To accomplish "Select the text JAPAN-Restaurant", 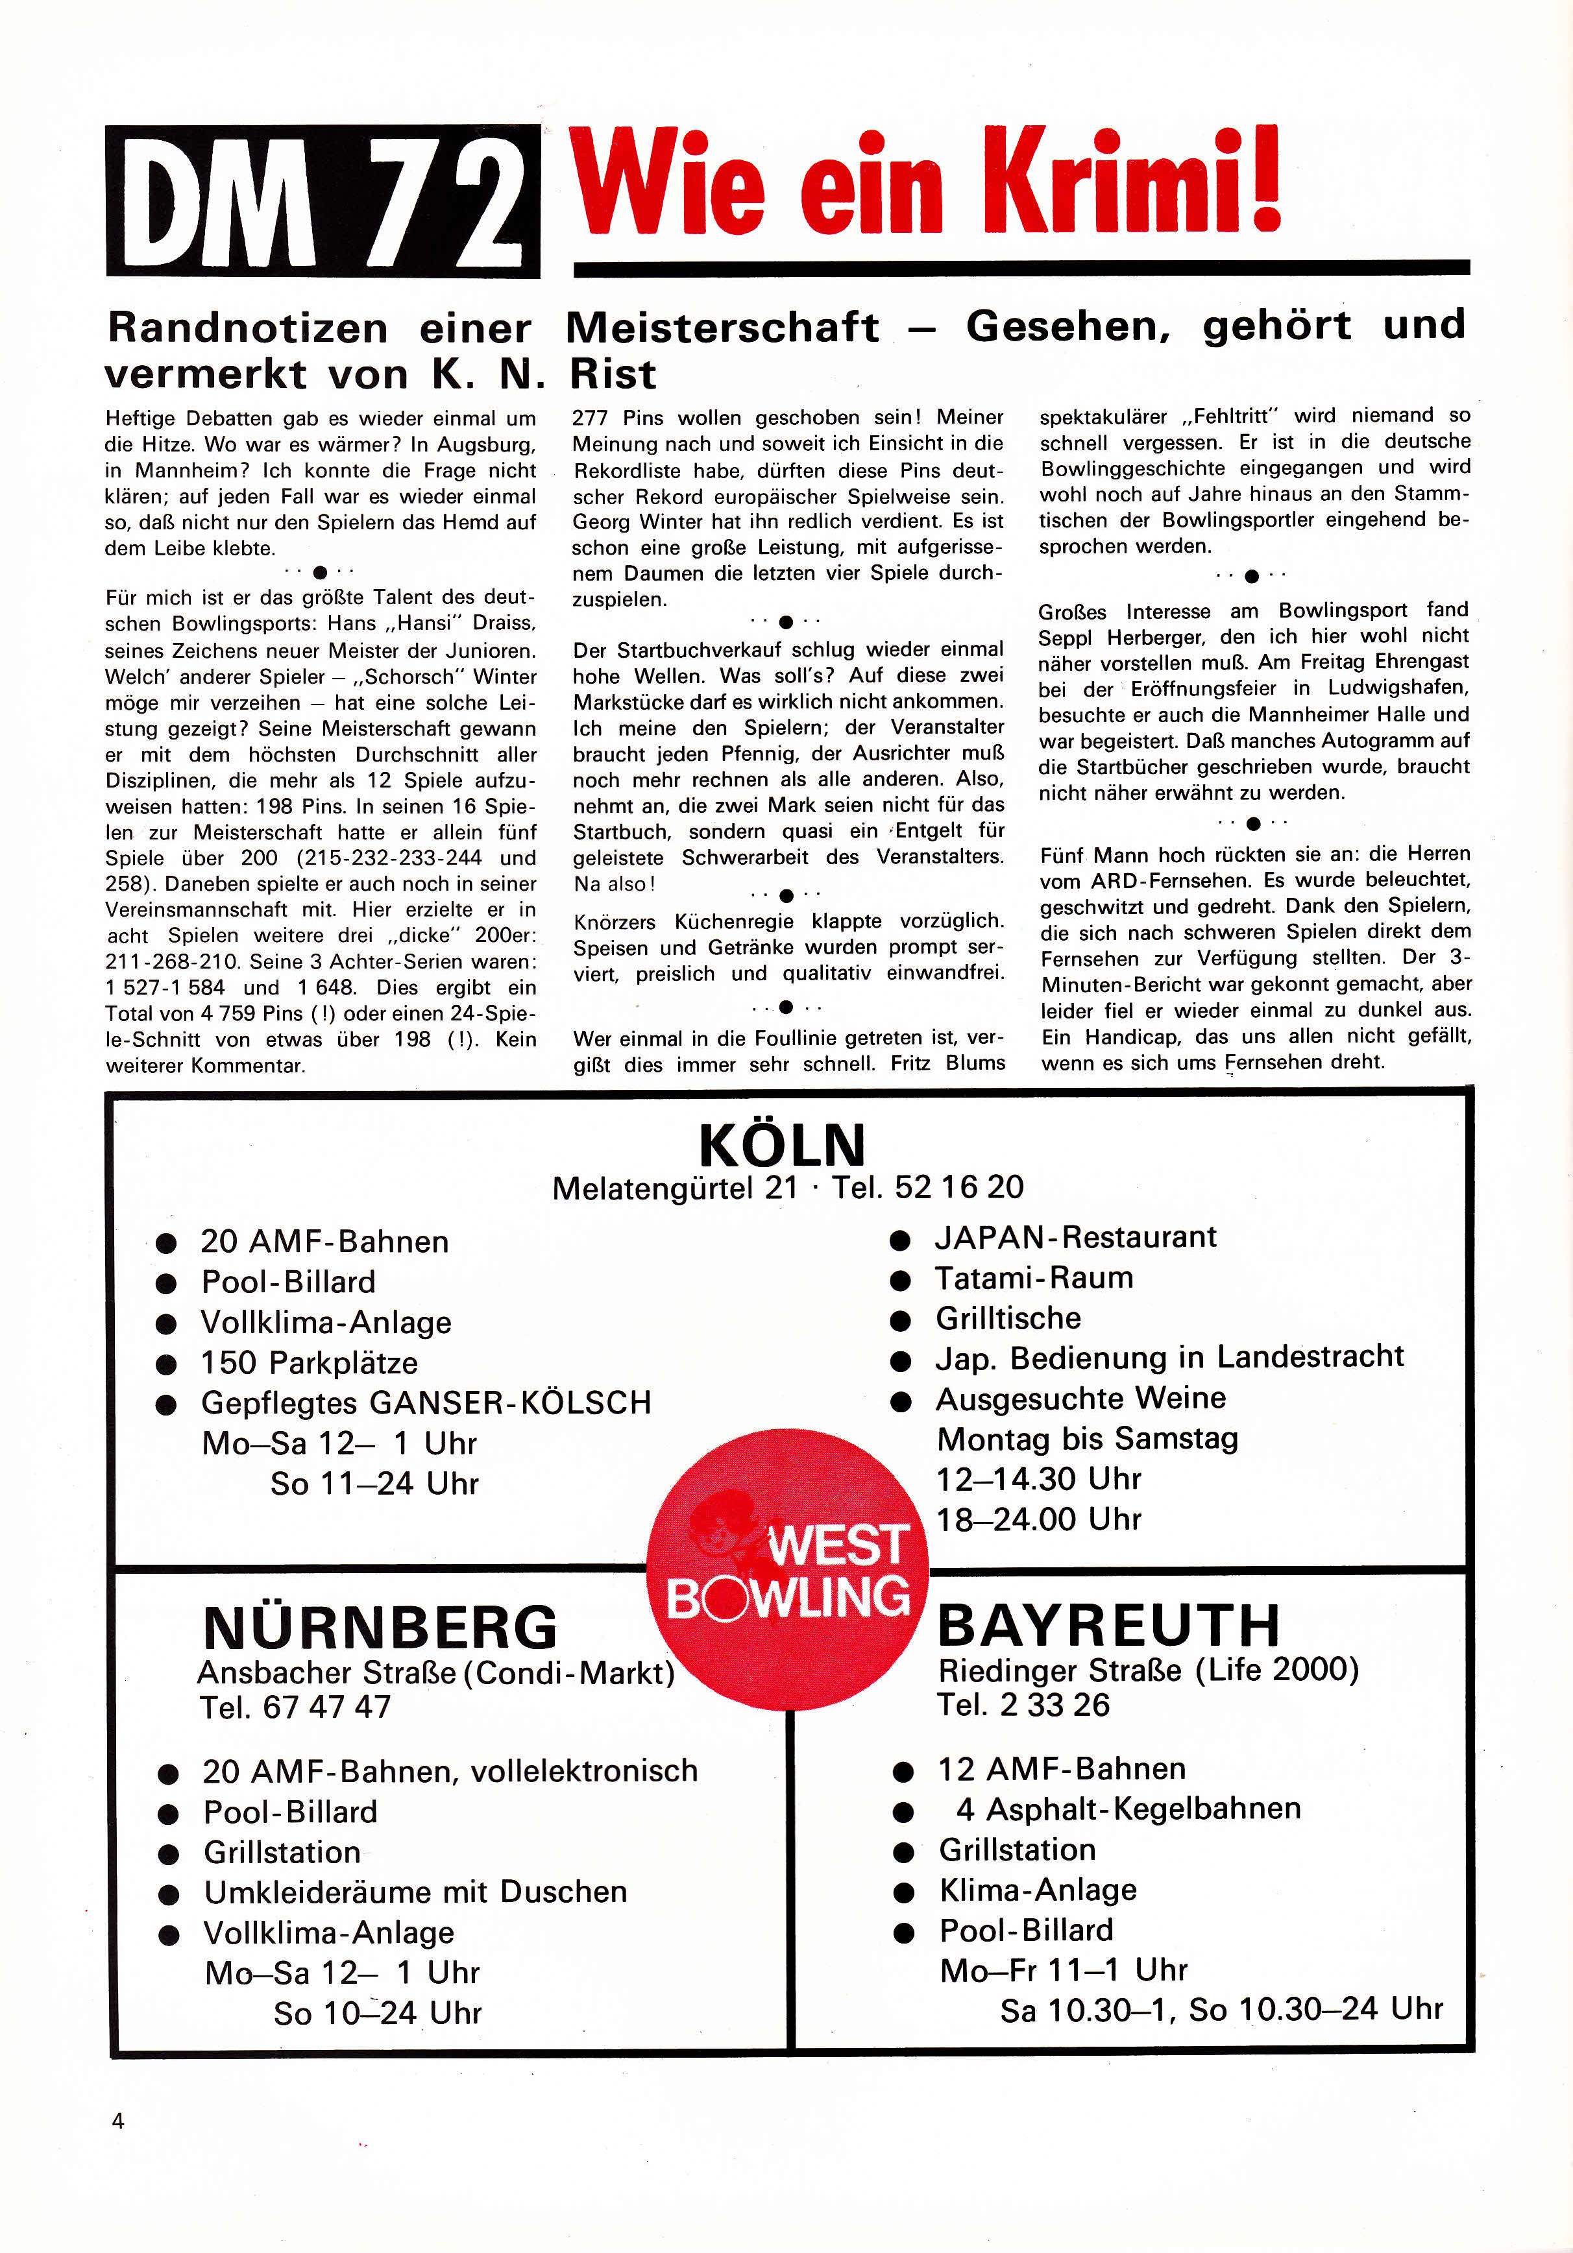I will click(x=1075, y=1237).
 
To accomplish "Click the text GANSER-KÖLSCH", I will click(x=510, y=1403).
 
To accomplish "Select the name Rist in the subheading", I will click(x=613, y=374).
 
